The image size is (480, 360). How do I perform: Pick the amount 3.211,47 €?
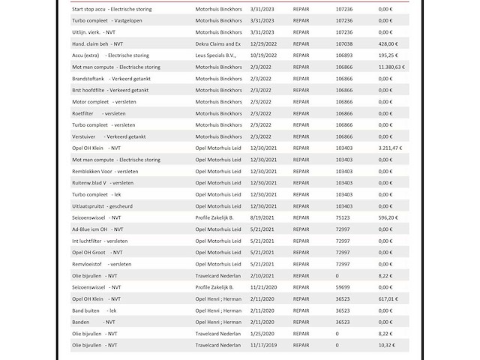coord(391,148)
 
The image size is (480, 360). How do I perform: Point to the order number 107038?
coord(345,43)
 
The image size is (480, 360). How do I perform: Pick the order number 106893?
coord(345,55)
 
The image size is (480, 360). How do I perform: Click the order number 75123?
coord(343,217)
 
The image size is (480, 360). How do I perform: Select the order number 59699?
coord(343,287)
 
